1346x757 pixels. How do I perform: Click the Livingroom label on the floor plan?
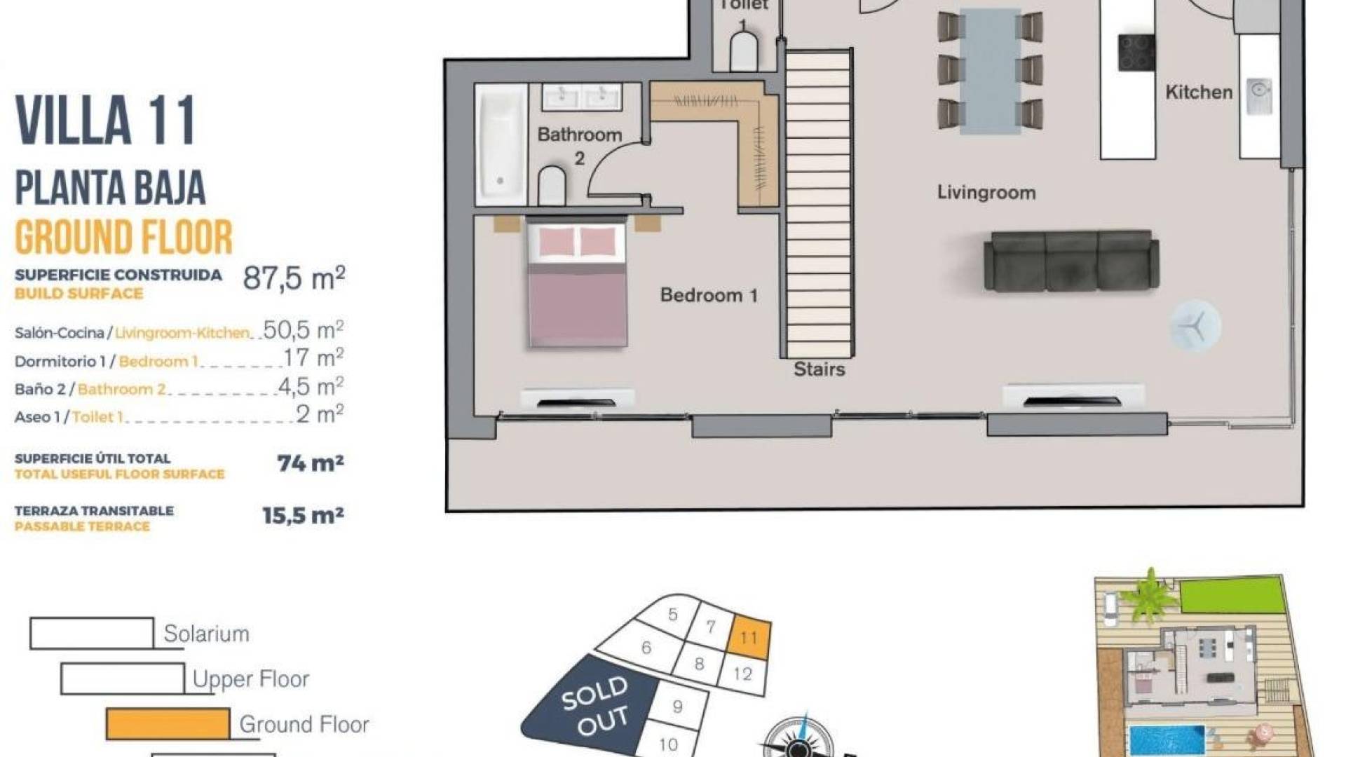pos(986,193)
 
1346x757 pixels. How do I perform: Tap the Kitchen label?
pos(1199,92)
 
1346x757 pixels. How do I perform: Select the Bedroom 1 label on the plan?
pos(709,295)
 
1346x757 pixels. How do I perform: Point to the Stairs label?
pos(819,369)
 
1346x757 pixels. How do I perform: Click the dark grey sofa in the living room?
pos(1071,260)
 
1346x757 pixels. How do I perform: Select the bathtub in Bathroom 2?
pos(501,144)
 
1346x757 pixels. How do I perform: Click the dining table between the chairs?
pos(990,71)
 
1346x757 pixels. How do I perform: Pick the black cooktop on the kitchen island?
pos(1136,53)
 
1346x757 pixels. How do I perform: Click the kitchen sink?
pos(1260,97)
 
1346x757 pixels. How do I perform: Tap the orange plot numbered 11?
pos(749,637)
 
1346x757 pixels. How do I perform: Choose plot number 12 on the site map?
pos(742,674)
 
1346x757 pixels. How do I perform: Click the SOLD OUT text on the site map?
pos(594,706)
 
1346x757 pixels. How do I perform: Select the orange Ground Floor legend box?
pos(168,724)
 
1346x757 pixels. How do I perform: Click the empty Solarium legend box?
pos(92,634)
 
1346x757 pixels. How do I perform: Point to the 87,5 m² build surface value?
pos(294,278)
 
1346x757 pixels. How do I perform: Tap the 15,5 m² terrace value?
pos(303,516)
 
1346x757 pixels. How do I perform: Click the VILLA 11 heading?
pos(105,121)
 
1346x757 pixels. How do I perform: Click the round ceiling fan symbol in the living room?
pos(1195,326)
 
